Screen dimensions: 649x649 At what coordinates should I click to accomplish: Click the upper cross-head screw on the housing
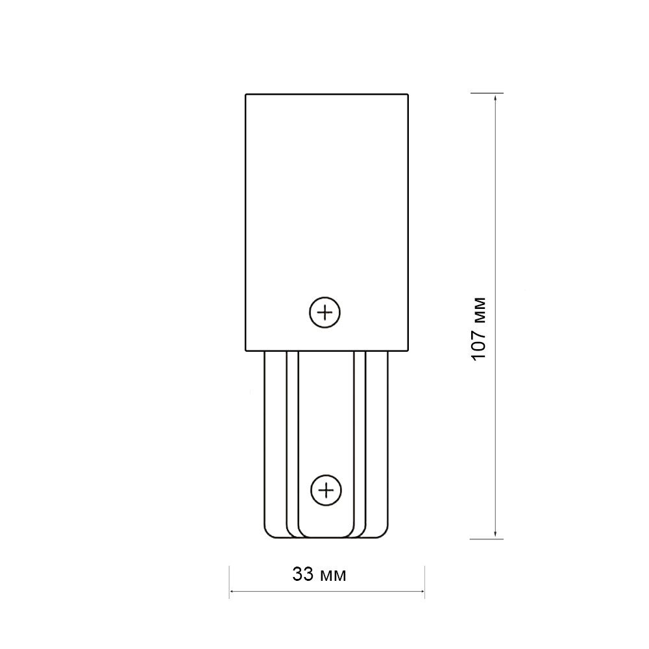(x=325, y=313)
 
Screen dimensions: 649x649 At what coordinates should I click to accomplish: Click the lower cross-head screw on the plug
(x=326, y=491)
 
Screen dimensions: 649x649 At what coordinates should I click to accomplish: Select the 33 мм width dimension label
(x=319, y=574)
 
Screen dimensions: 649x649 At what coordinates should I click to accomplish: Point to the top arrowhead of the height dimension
(x=495, y=98)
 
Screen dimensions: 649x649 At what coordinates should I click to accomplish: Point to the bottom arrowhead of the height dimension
(x=495, y=535)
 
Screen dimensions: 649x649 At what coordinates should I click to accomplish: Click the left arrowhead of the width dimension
(x=233, y=591)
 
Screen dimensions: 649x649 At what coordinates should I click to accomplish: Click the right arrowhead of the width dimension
(x=421, y=591)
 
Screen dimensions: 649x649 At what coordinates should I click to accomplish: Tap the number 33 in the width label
(x=303, y=574)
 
